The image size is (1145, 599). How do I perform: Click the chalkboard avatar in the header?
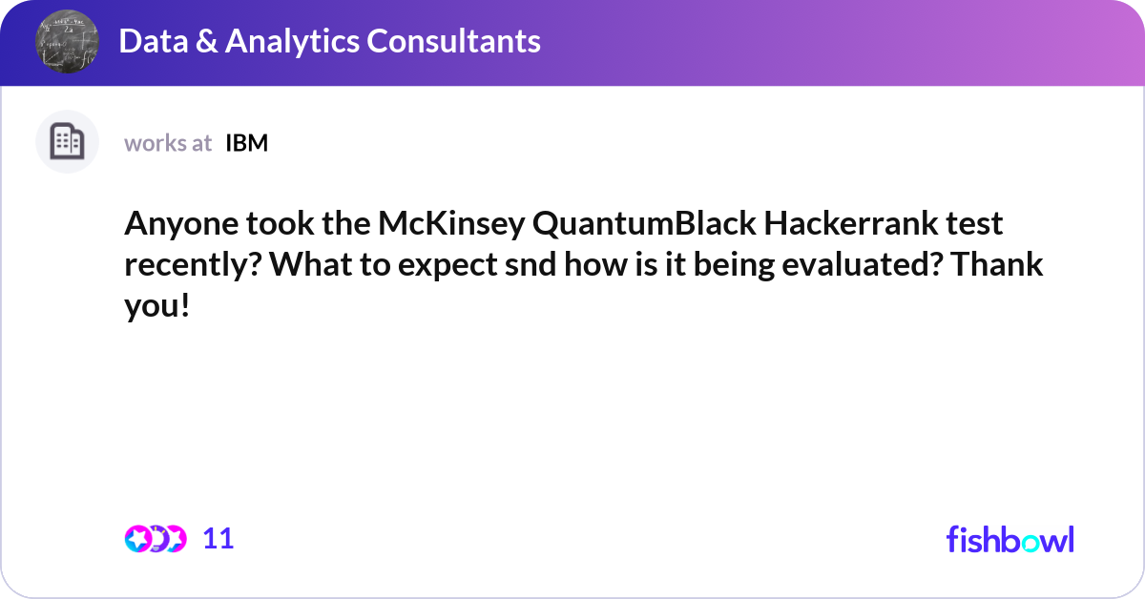(x=67, y=41)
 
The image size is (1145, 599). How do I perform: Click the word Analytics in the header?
(x=292, y=42)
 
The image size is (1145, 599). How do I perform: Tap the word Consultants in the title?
(x=453, y=41)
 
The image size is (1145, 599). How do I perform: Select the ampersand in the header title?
(x=206, y=41)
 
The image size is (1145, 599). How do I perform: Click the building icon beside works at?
(x=67, y=141)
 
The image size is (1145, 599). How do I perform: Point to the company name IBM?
(x=246, y=143)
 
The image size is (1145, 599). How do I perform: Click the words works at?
(x=168, y=143)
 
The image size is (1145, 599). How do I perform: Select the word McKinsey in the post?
(x=451, y=224)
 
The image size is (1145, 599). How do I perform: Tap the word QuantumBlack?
(x=644, y=224)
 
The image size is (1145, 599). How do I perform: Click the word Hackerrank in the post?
(x=850, y=223)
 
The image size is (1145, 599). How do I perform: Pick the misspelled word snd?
(x=531, y=264)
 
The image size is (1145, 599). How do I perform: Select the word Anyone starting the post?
(x=181, y=224)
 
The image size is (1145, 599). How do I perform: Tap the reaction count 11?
(x=219, y=539)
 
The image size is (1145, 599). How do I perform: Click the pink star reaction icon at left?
(x=138, y=539)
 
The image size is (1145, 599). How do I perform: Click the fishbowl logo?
(x=1010, y=539)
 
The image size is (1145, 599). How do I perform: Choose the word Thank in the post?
(x=997, y=263)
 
